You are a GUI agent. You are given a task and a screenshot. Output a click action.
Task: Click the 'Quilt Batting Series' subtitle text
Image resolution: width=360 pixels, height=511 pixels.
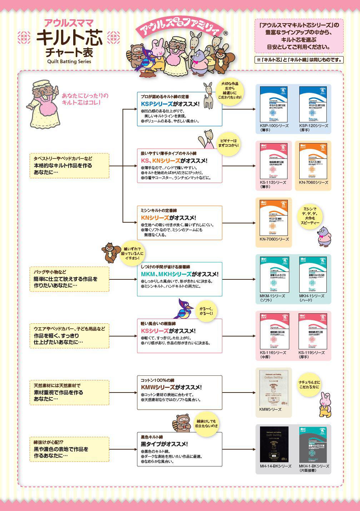[69, 61]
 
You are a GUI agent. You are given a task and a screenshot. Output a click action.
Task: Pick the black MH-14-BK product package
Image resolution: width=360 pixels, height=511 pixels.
[274, 445]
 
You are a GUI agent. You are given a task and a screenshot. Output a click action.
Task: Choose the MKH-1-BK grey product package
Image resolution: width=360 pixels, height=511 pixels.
[313, 445]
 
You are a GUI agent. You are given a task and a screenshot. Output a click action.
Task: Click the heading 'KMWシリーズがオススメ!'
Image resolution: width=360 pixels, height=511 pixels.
[171, 387]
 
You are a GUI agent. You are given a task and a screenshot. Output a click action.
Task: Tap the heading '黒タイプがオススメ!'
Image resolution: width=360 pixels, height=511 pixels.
[164, 444]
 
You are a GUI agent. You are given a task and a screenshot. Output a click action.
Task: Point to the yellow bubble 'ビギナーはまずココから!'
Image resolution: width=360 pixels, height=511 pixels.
[228, 143]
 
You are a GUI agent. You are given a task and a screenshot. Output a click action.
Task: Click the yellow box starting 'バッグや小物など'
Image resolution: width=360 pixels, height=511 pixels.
[69, 279]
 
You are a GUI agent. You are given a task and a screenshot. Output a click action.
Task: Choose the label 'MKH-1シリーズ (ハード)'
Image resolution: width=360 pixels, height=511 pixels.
[311, 298]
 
